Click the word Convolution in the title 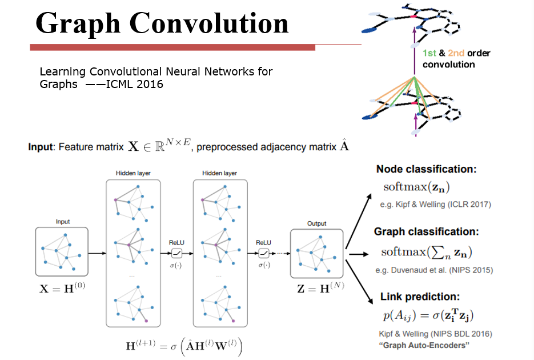pos(208,24)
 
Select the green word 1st pos(429,53)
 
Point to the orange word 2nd pos(456,53)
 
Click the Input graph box pos(61,252)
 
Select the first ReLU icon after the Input pos(176,253)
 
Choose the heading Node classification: pos(426,169)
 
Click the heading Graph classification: pos(426,232)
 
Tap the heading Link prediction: pos(420,297)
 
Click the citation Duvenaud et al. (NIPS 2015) pos(434,270)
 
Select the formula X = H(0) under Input pos(61,288)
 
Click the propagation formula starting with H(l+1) pos(184,347)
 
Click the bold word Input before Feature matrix pos(42,147)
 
